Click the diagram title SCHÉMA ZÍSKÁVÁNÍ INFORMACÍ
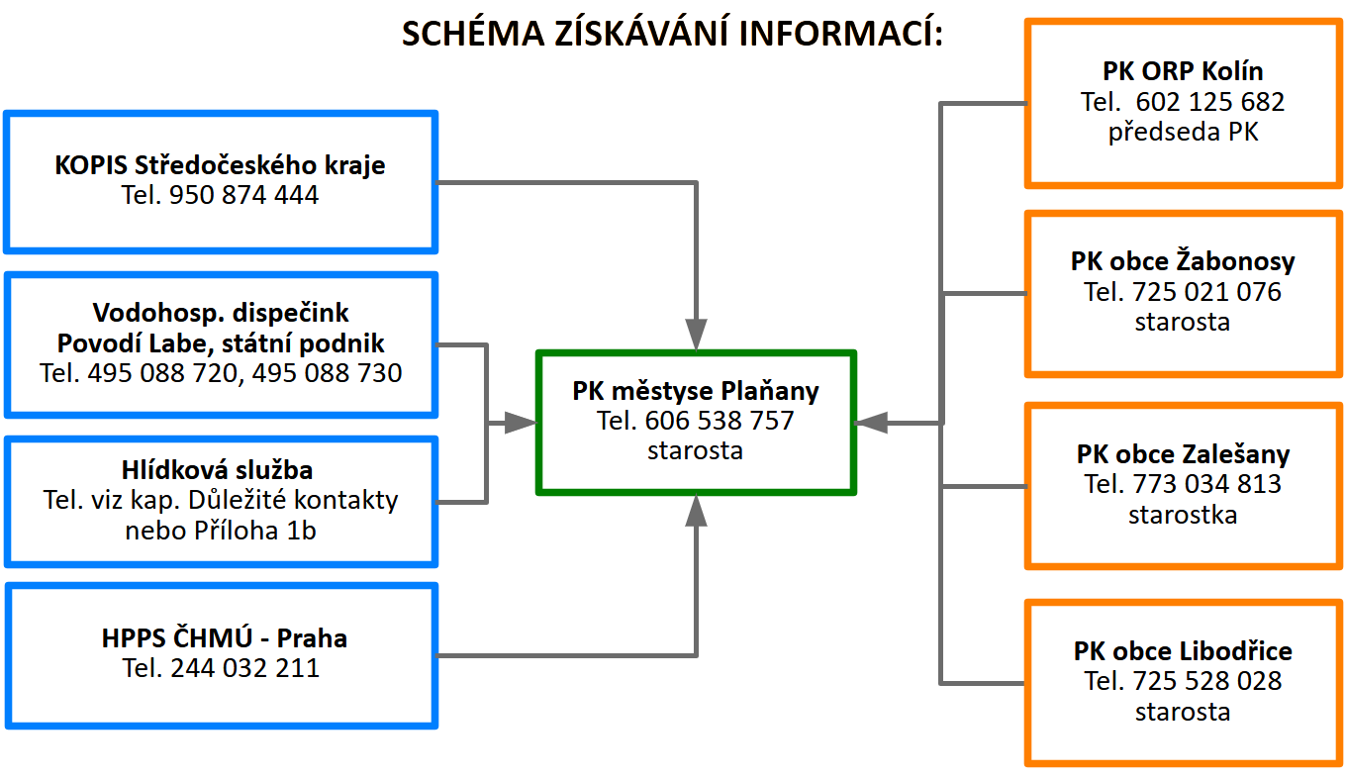pos(672,34)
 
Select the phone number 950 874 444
pos(243,195)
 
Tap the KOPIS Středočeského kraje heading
pos(220,164)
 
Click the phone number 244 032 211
pos(244,668)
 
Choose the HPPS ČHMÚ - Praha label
pos(225,637)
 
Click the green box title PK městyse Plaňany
pos(696,391)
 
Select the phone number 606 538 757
pos(719,421)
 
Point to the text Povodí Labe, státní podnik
pos(221,343)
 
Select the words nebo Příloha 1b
pos(221,530)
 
